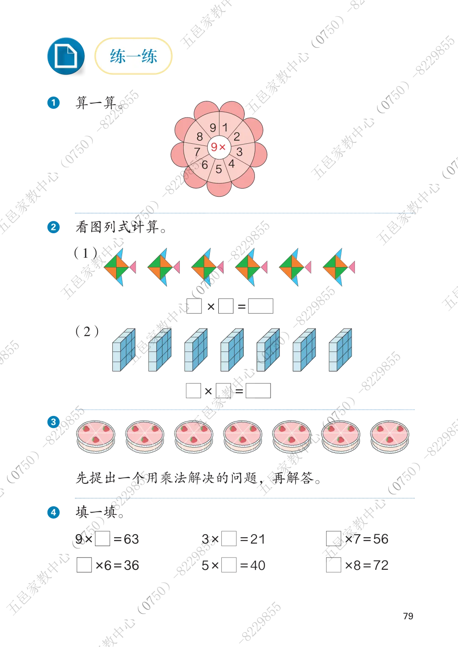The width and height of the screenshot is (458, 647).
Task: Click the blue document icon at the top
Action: coord(66,56)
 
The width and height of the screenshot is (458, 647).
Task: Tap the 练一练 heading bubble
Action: coord(133,56)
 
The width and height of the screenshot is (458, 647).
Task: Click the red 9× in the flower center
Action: coord(218,147)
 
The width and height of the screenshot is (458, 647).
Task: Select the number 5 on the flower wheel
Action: coord(219,169)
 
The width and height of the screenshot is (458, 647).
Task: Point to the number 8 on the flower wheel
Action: coord(200,137)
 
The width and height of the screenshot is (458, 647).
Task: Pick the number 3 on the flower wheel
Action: coord(239,152)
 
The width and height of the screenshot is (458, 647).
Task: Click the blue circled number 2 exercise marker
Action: coord(53,227)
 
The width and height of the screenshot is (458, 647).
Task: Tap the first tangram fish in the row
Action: coord(120,267)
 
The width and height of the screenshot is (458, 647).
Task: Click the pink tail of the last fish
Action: coord(352,267)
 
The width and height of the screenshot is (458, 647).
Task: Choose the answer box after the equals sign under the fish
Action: coord(261,306)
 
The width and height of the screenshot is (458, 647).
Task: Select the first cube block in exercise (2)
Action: coord(124,350)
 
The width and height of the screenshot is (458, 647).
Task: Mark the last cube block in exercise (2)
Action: coord(341,350)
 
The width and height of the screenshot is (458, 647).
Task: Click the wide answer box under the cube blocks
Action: coord(258,391)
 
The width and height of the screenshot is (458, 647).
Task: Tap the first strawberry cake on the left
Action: coord(96,437)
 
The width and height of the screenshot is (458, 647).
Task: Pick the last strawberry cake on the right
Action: coord(390,437)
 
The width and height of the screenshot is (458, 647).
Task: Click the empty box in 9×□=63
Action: coord(102,539)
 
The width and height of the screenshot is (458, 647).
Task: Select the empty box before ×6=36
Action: coord(84,565)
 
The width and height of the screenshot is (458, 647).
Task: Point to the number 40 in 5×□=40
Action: coord(258,566)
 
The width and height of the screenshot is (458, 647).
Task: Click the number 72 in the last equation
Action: coord(381,566)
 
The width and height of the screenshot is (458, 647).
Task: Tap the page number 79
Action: coord(408,616)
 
